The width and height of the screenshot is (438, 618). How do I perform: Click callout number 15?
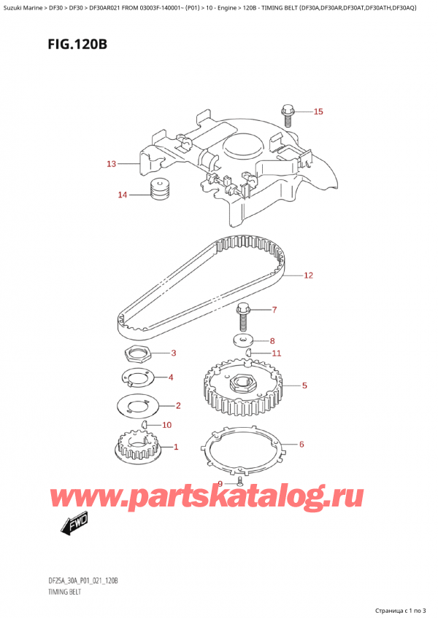[318, 112]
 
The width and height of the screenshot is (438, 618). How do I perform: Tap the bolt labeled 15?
[286, 114]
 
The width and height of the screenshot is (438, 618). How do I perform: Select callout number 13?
[111, 164]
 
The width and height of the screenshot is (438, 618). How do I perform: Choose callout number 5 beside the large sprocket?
[304, 386]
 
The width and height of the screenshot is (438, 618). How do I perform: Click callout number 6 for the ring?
[301, 443]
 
